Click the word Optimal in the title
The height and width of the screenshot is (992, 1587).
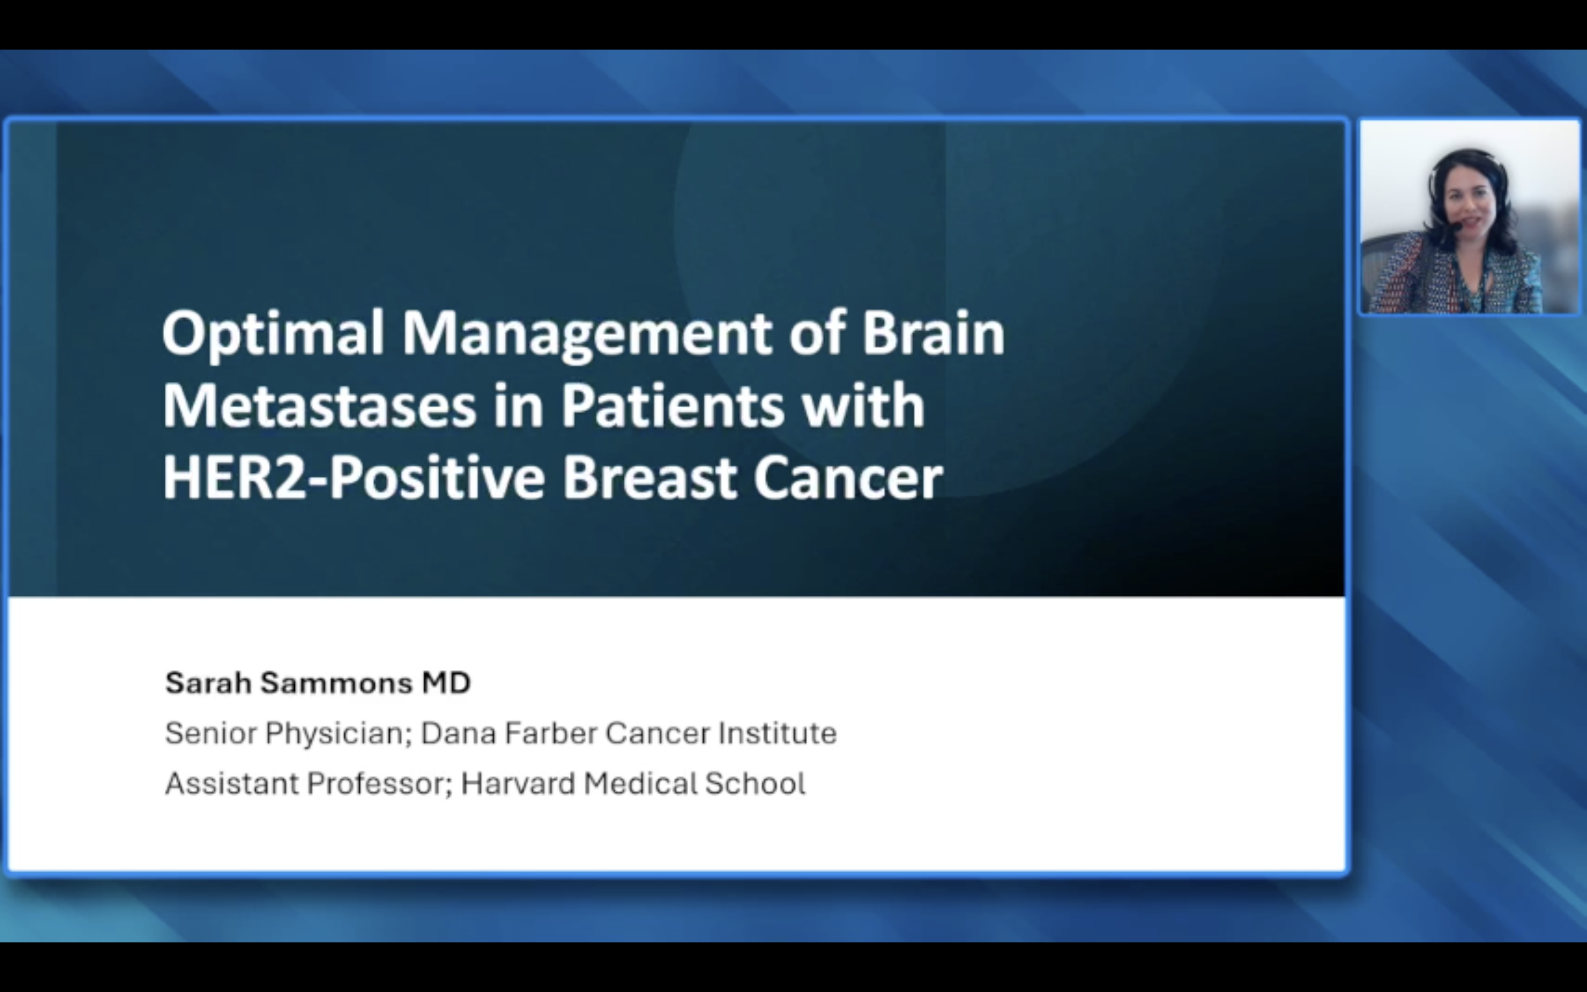click(x=273, y=334)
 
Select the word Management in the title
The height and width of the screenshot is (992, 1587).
click(x=587, y=335)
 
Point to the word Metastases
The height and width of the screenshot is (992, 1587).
click(x=319, y=406)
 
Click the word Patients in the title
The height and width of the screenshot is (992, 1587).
click(x=672, y=406)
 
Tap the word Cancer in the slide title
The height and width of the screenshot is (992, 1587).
click(x=848, y=478)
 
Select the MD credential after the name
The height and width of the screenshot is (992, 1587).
click(x=446, y=683)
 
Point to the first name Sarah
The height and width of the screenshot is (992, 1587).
click(x=208, y=683)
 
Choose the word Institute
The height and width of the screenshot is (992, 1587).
click(x=777, y=733)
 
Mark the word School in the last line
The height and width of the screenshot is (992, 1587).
click(x=755, y=783)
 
